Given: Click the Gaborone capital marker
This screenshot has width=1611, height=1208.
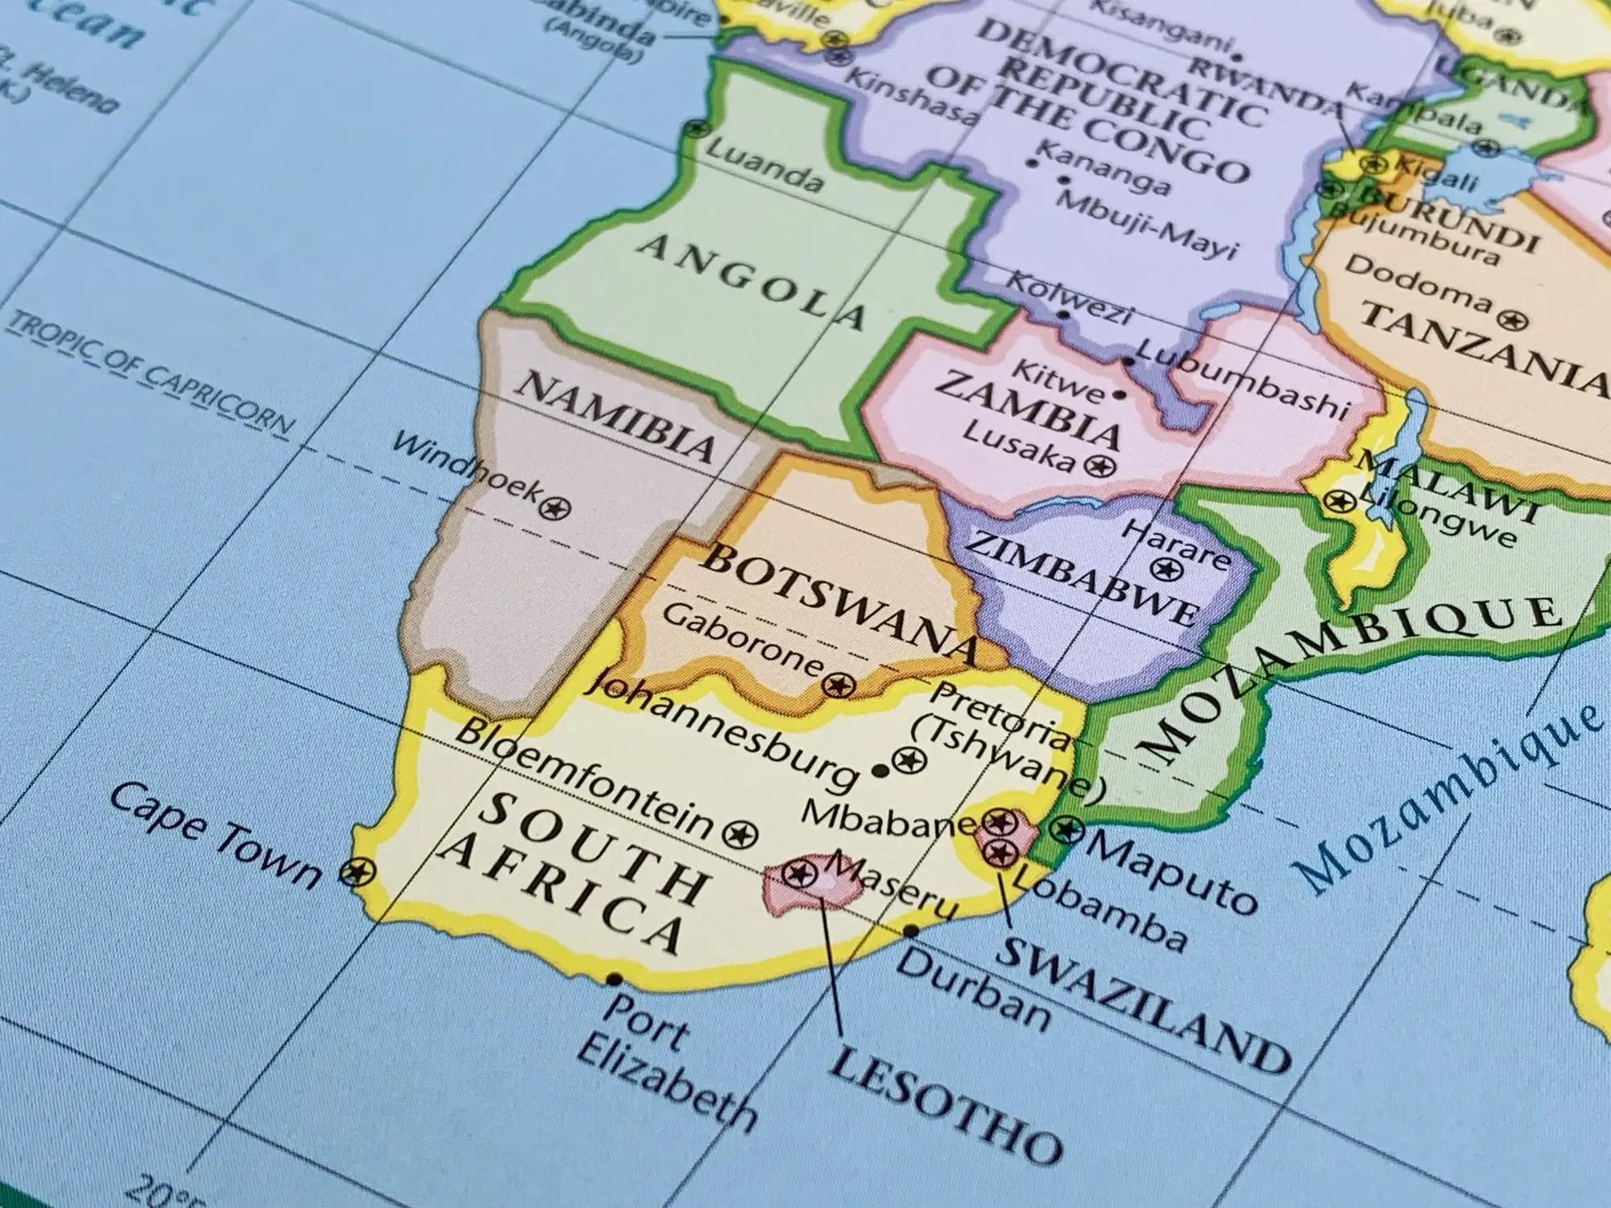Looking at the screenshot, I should [x=838, y=685].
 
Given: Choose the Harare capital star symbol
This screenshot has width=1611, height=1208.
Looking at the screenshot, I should [x=1163, y=569].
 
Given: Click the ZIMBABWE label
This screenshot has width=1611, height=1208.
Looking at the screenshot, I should [x=1079, y=577].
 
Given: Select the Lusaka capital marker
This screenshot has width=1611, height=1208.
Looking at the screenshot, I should [x=1097, y=465].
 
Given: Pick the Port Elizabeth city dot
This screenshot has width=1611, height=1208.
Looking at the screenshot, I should [x=615, y=979].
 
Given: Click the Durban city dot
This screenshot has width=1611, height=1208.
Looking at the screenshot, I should [x=911, y=932].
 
